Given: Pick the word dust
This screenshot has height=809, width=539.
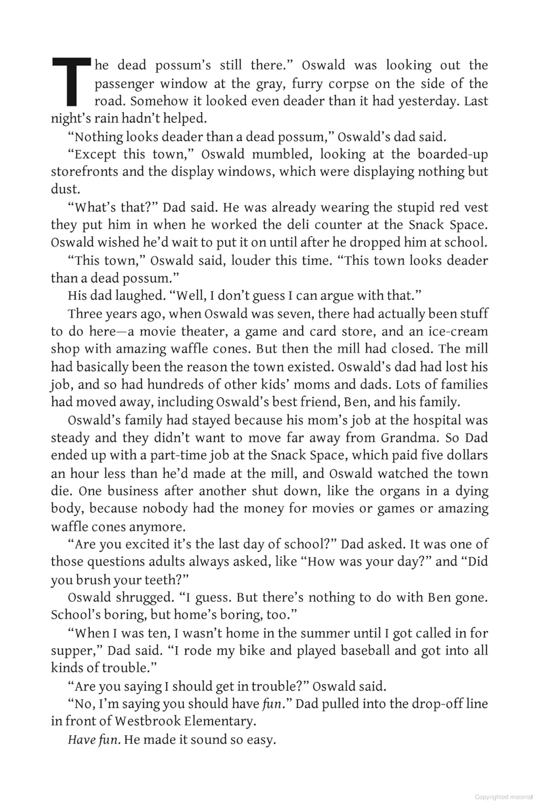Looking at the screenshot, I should pyautogui.click(x=65, y=189).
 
